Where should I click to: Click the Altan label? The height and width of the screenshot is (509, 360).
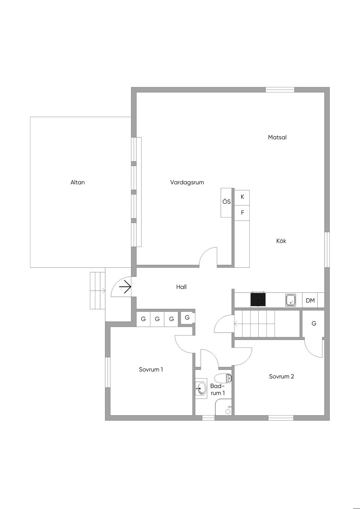click(78, 182)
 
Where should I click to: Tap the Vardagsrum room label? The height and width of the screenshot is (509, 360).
click(187, 182)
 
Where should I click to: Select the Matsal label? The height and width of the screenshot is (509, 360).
click(277, 137)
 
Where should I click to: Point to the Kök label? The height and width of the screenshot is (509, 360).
click(281, 241)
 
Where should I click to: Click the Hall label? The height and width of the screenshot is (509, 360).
click(181, 287)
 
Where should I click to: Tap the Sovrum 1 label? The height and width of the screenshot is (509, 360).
click(151, 370)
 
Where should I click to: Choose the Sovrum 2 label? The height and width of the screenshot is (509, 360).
click(281, 377)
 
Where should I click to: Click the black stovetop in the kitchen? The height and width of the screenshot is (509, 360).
click(258, 300)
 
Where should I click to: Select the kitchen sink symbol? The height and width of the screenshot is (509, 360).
click(291, 300)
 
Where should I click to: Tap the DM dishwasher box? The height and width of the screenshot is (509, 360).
click(310, 301)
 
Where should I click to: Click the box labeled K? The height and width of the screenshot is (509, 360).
click(242, 197)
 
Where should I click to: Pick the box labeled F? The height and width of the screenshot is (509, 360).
click(242, 213)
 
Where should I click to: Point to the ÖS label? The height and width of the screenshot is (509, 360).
click(226, 202)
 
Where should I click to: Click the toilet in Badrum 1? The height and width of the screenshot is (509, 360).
click(223, 378)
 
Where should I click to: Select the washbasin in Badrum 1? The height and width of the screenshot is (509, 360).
click(201, 389)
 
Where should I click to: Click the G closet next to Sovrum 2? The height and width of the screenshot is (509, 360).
click(314, 324)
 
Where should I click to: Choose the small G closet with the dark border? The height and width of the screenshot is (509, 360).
click(187, 318)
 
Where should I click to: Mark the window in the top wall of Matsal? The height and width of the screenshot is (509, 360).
click(280, 90)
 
